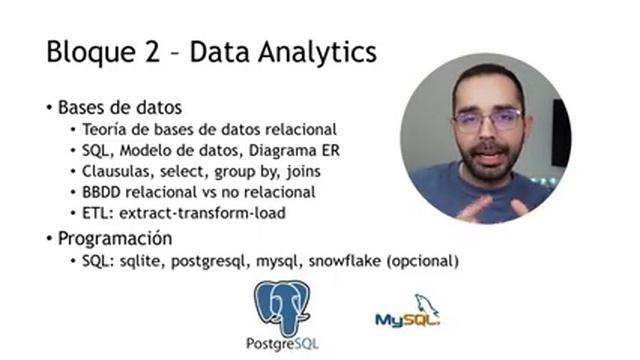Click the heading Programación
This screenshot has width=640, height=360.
pos(115,239)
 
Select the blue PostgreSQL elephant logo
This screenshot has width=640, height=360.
pos(282,307)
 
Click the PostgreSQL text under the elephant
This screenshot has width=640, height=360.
pos(282,345)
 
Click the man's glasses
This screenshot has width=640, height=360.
pos(488,121)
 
